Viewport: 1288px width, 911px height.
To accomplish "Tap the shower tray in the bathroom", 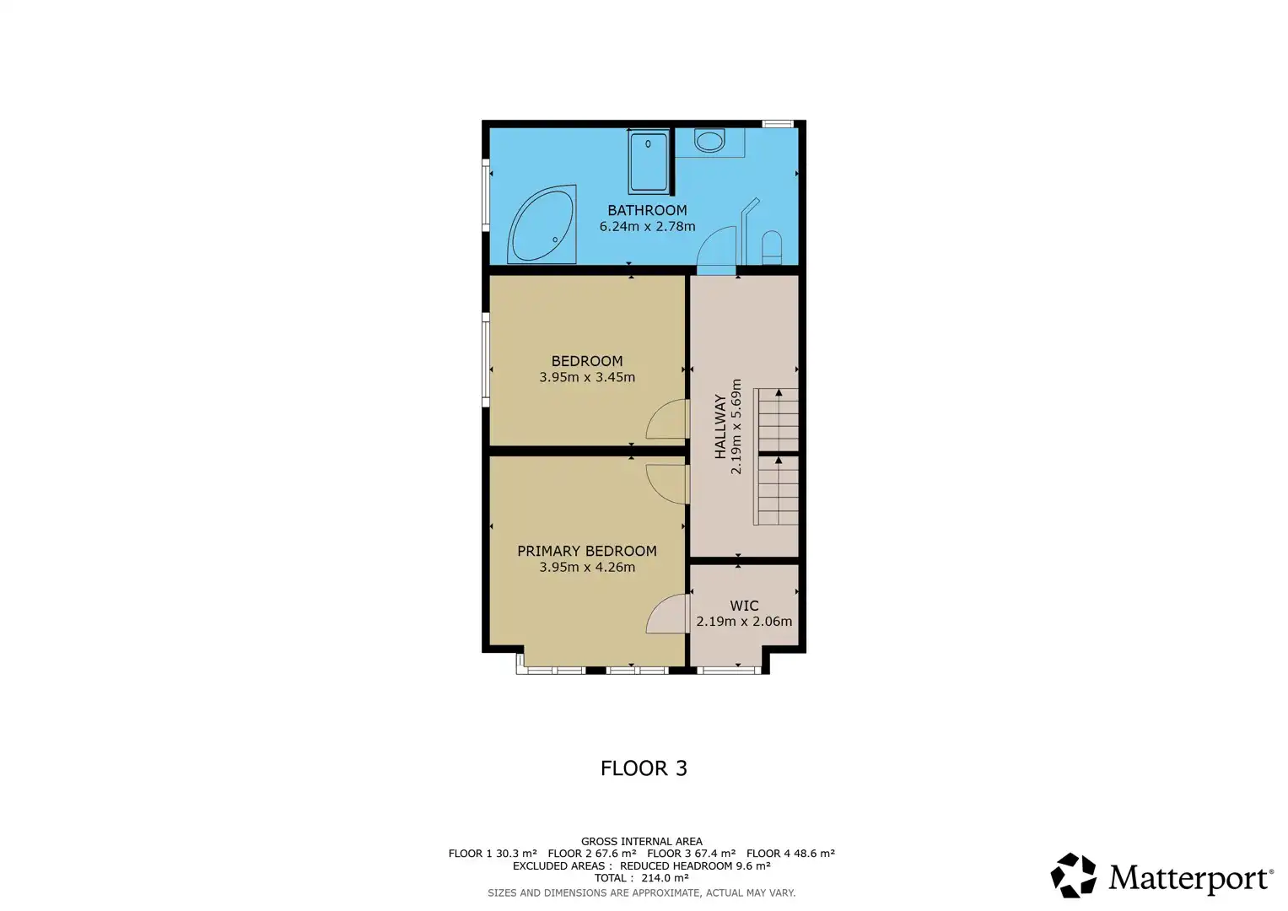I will coord(648,162).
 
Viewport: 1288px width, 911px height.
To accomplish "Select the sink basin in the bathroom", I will coord(709,141).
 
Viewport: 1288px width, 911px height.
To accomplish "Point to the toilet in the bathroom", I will coord(771,247).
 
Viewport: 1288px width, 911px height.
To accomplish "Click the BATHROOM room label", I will coord(647,210).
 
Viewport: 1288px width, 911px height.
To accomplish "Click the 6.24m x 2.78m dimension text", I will coord(647,226).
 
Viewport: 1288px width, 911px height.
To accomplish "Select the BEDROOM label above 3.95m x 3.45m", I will coord(587,361).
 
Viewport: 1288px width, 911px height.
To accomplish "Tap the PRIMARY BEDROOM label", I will coord(587,551).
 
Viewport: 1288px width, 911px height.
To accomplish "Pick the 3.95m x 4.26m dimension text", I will coord(587,567).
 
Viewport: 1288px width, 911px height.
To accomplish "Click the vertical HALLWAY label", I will coord(720,426).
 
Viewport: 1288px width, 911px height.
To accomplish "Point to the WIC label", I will coord(744,606).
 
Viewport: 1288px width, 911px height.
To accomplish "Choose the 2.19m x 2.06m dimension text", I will coord(744,622).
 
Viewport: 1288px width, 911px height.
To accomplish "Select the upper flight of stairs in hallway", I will coord(776,419).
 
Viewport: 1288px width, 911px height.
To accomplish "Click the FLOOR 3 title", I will coord(644,768).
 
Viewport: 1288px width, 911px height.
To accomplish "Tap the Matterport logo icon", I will coord(1073,876).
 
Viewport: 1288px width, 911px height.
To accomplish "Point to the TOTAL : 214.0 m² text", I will coord(641,878).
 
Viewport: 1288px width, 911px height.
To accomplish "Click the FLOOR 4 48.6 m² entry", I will coord(790,854).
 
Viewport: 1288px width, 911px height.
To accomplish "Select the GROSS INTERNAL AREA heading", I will coord(641,841).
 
